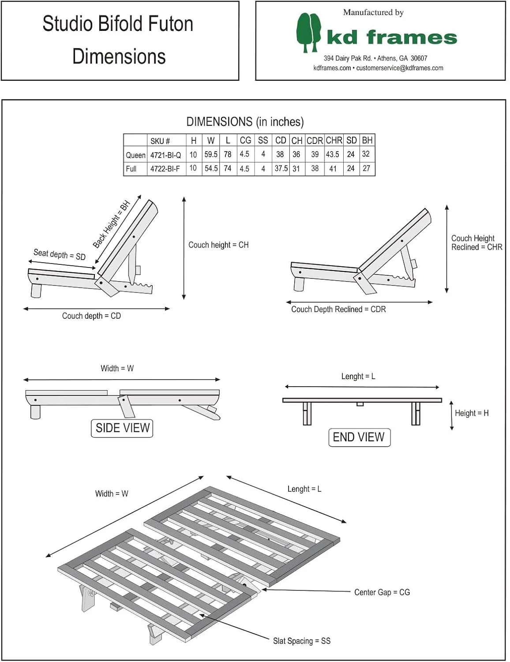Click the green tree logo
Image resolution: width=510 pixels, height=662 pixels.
pyautogui.click(x=308, y=32)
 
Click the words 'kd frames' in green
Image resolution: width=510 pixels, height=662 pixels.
pyautogui.click(x=392, y=38)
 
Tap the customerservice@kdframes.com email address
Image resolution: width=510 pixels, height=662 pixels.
pyautogui.click(x=400, y=68)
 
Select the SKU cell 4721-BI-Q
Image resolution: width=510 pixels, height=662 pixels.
pyautogui.click(x=165, y=155)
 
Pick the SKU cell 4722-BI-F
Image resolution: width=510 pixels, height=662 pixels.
pyautogui.click(x=165, y=169)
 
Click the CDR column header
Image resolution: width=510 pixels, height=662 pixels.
pyautogui.click(x=315, y=140)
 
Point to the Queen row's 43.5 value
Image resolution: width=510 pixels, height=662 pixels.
pyautogui.click(x=333, y=154)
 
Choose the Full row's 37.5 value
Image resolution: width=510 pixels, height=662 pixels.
pyautogui.click(x=281, y=169)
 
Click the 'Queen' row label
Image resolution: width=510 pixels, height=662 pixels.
pyautogui.click(x=135, y=155)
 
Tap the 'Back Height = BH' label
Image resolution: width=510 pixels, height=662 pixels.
pyautogui.click(x=112, y=224)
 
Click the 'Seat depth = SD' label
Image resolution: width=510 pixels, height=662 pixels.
pyautogui.click(x=60, y=254)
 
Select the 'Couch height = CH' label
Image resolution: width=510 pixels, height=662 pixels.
pyautogui.click(x=218, y=245)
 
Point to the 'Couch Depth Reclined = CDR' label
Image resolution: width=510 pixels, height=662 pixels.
pyautogui.click(x=338, y=309)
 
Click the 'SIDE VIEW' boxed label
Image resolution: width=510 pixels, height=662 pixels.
pyautogui.click(x=122, y=428)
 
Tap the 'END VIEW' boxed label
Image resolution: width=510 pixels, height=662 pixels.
pyautogui.click(x=359, y=437)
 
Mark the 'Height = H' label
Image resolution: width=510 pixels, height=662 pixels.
pyautogui.click(x=472, y=413)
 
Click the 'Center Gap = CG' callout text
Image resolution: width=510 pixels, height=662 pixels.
pyautogui.click(x=382, y=592)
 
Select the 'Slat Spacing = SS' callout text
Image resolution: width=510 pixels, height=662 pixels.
pyautogui.click(x=302, y=641)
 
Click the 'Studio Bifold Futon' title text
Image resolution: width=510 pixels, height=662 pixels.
pyautogui.click(x=118, y=24)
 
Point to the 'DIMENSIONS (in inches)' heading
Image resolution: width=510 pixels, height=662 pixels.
pyautogui.click(x=245, y=122)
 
